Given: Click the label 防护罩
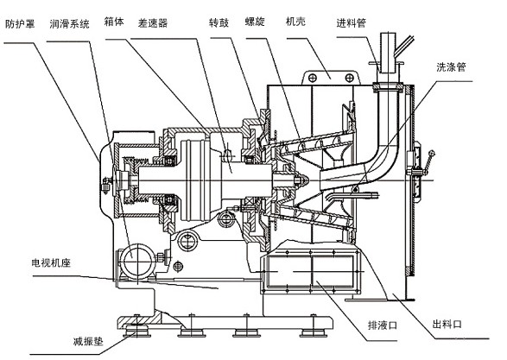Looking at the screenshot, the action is (20, 24).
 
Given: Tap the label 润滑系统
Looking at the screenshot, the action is (69, 24).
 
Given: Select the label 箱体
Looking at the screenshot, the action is (114, 22).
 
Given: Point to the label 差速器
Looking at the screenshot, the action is (153, 23).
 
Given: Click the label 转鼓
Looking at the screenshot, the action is (219, 22).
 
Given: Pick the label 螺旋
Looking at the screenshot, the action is (255, 22).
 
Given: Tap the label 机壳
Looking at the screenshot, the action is (295, 22).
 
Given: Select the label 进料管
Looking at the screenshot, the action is (352, 23).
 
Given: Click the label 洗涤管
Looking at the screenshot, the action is (452, 66).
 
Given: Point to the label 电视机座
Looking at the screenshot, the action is (51, 262).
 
